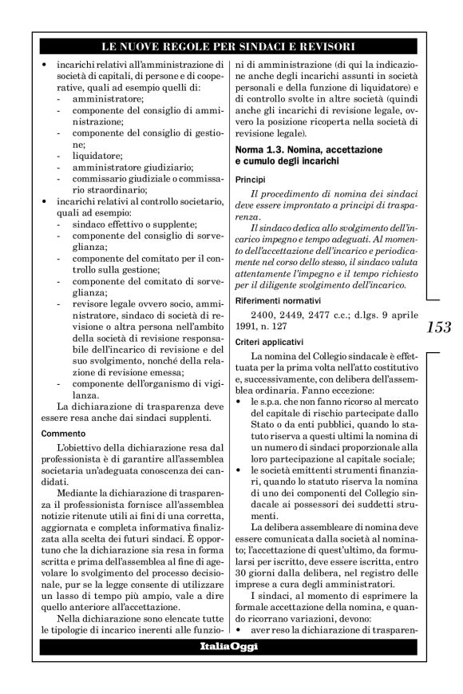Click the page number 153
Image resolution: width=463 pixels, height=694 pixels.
tap(438, 327)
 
